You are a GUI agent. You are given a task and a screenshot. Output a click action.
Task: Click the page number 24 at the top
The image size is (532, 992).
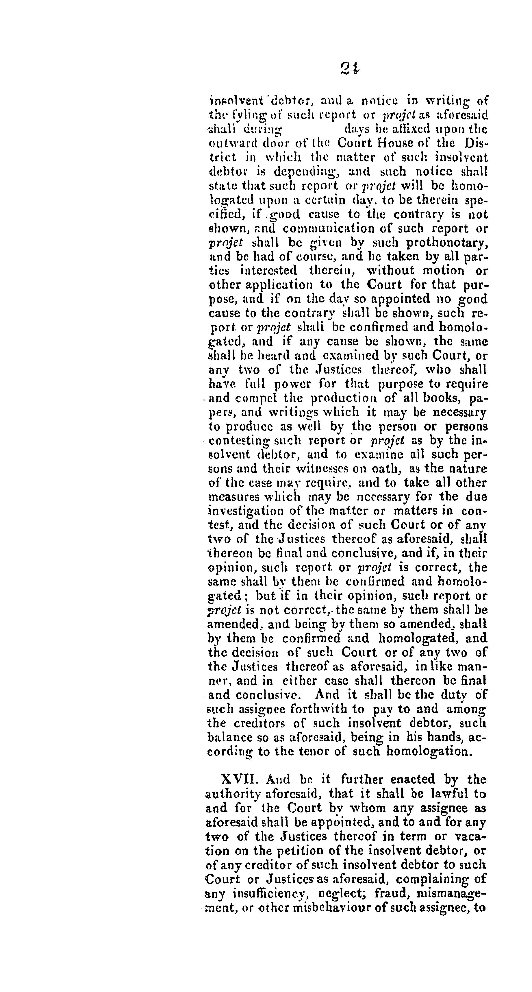350,68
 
